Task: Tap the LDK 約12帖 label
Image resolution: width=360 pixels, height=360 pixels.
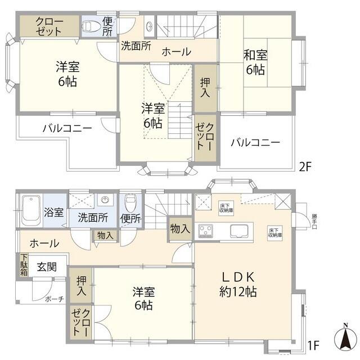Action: pyautogui.click(x=238, y=284)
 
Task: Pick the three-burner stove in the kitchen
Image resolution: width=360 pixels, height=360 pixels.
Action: pyautogui.click(x=205, y=231)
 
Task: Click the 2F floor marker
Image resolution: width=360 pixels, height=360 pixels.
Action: pyautogui.click(x=305, y=166)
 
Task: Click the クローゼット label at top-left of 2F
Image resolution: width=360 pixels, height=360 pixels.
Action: pyautogui.click(x=49, y=25)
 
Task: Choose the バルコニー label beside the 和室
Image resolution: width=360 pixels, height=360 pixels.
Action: pyautogui.click(x=255, y=142)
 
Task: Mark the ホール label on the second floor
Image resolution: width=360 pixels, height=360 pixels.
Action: pyautogui.click(x=176, y=52)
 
